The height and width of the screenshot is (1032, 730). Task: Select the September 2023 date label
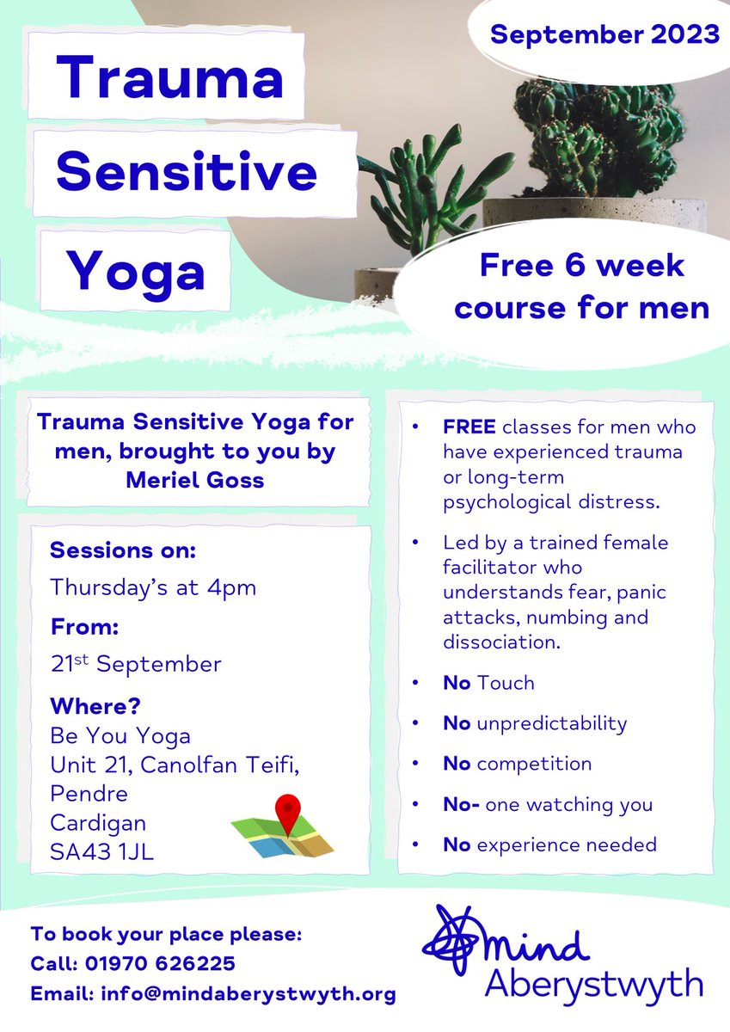(x=604, y=35)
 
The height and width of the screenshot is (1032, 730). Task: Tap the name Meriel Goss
(x=195, y=479)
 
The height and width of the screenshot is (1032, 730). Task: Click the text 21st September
(x=136, y=664)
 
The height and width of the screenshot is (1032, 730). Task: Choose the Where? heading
(x=95, y=707)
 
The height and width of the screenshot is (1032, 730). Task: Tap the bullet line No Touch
(x=488, y=683)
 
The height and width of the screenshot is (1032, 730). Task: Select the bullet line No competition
(x=517, y=764)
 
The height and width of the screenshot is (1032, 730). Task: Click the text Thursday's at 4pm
(x=153, y=588)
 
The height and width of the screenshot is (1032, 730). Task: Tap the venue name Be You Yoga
(x=120, y=736)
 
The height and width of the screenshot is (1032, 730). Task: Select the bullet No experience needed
(x=549, y=845)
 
